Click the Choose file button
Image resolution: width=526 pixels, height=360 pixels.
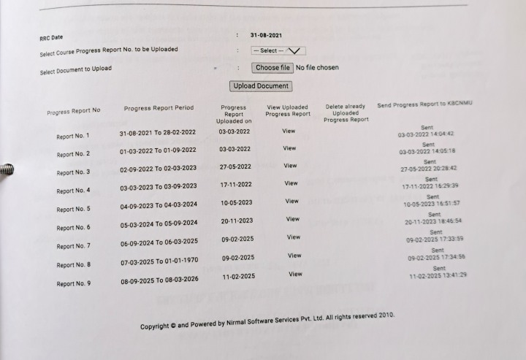pos(272,68)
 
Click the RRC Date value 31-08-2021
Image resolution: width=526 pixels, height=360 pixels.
pos(266,35)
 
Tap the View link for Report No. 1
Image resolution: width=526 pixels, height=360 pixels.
pos(289,131)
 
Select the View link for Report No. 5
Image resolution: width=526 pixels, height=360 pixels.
pos(291,201)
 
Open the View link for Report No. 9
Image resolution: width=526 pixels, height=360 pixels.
pos(295,274)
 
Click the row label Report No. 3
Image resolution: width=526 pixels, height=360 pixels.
pos(73,172)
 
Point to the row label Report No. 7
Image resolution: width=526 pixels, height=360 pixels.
pos(73,246)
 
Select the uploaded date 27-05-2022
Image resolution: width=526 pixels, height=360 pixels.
pos(236,166)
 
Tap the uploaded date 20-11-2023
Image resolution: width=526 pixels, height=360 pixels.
pos(237,221)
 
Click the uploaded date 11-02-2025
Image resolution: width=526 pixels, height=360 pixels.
pos(239,276)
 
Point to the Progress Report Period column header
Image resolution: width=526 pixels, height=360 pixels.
pos(159,108)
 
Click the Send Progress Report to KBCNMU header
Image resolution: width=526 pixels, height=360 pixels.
pos(424,105)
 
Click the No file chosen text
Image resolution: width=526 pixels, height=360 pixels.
pos(317,68)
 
